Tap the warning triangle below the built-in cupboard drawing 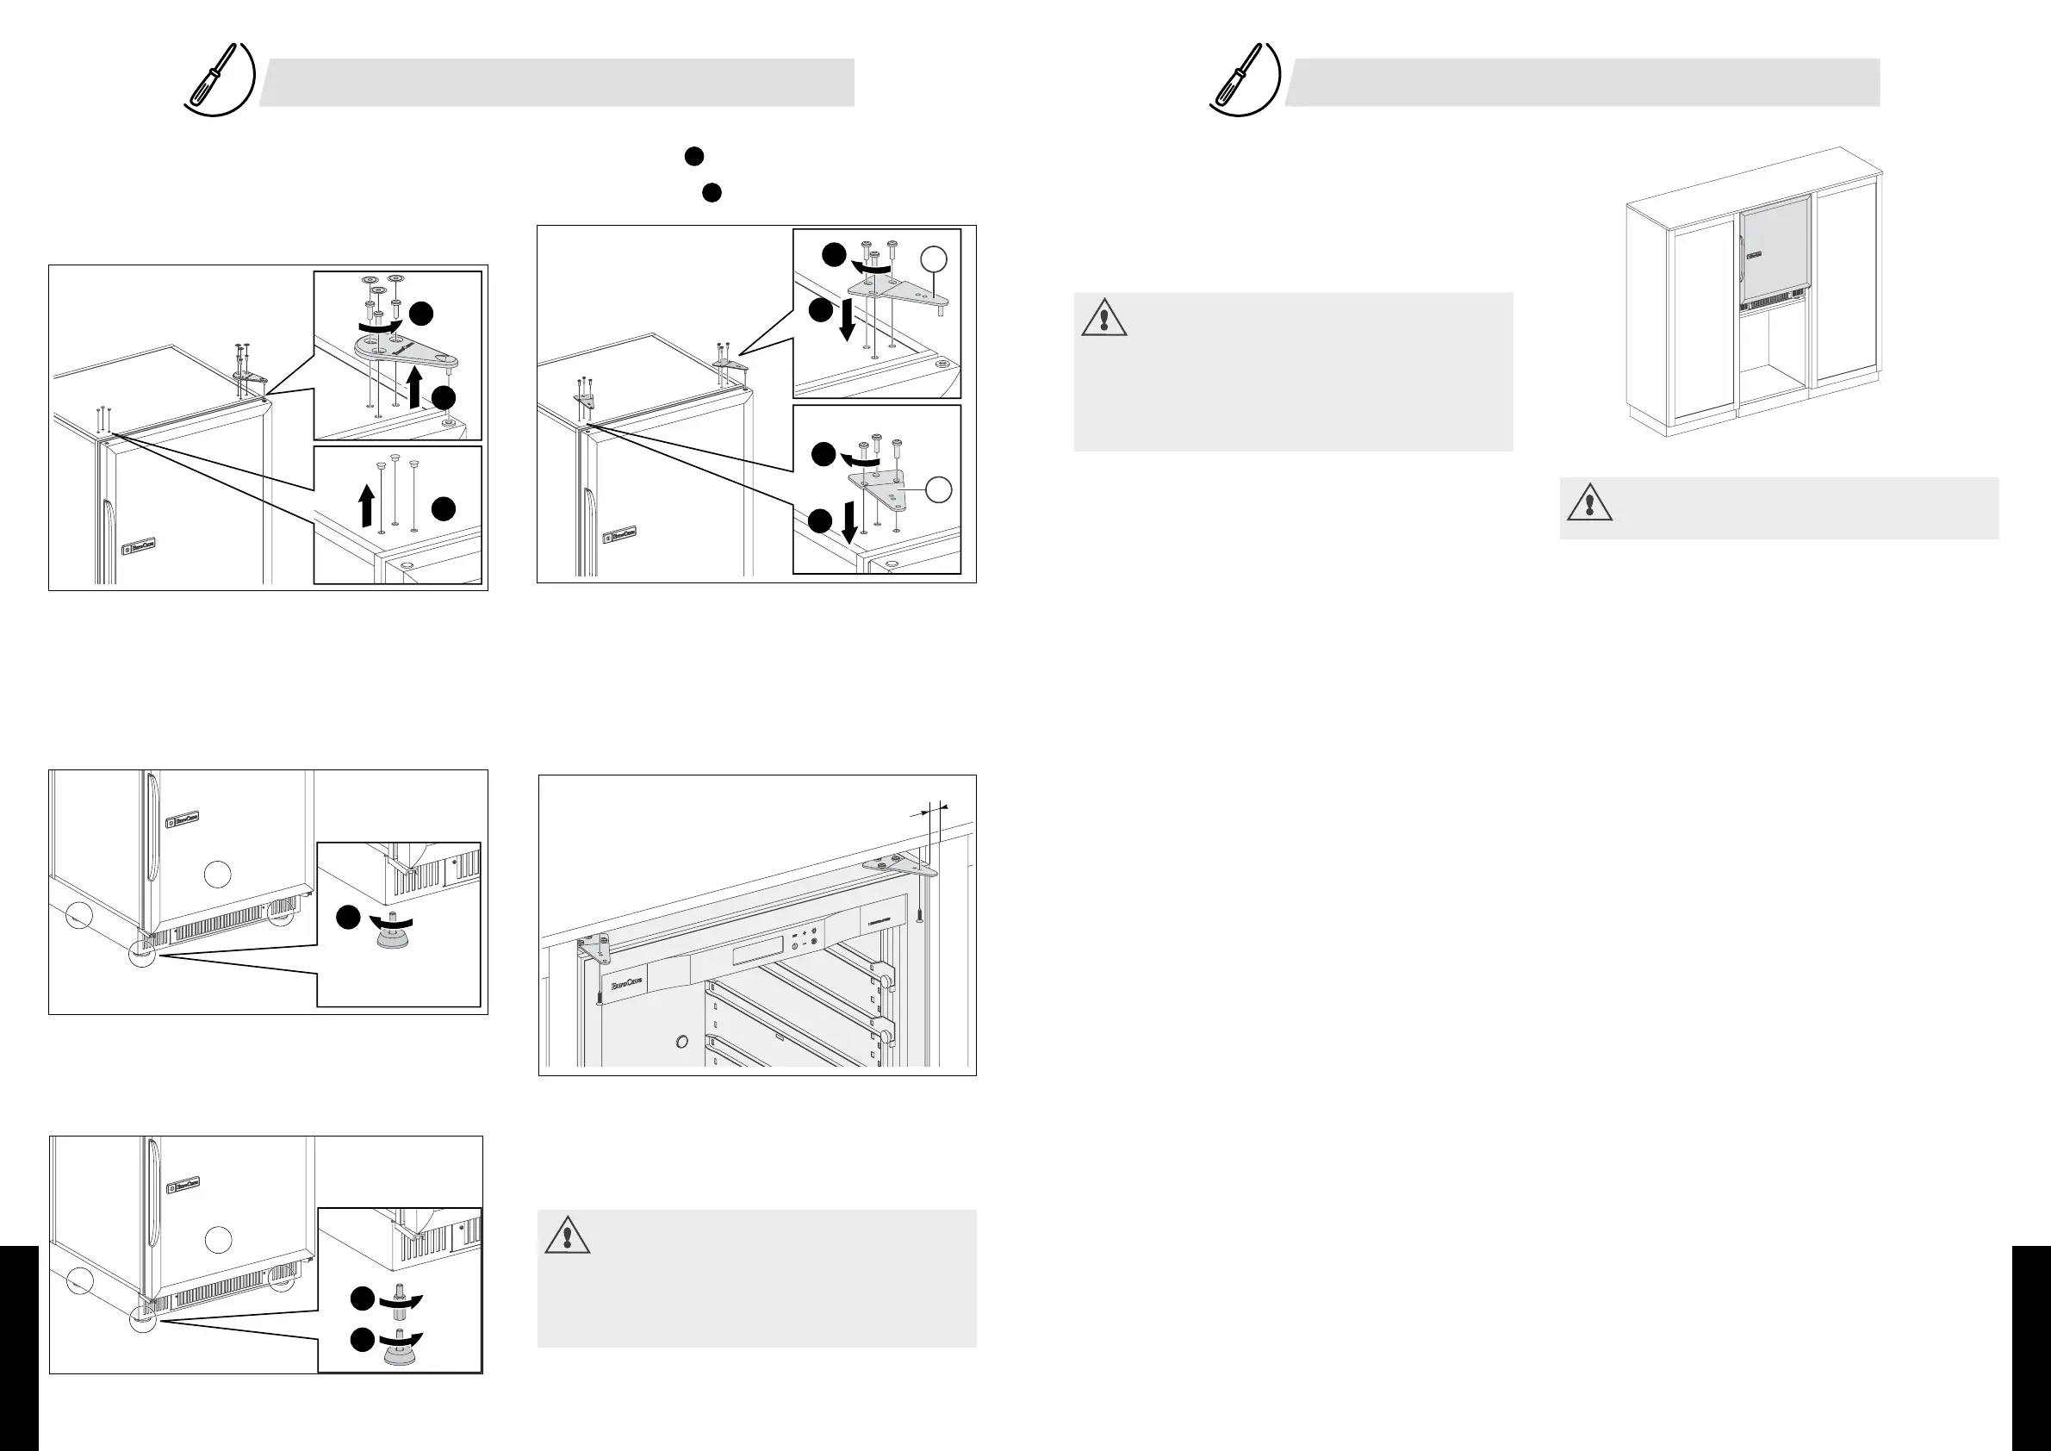click(1589, 503)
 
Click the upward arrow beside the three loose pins click(365, 505)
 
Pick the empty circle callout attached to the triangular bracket click(938, 489)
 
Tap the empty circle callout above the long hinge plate click(933, 259)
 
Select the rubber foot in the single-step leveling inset click(392, 938)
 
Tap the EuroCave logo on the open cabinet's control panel click(626, 982)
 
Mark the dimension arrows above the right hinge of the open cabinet click(929, 809)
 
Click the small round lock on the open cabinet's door click(682, 1042)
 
